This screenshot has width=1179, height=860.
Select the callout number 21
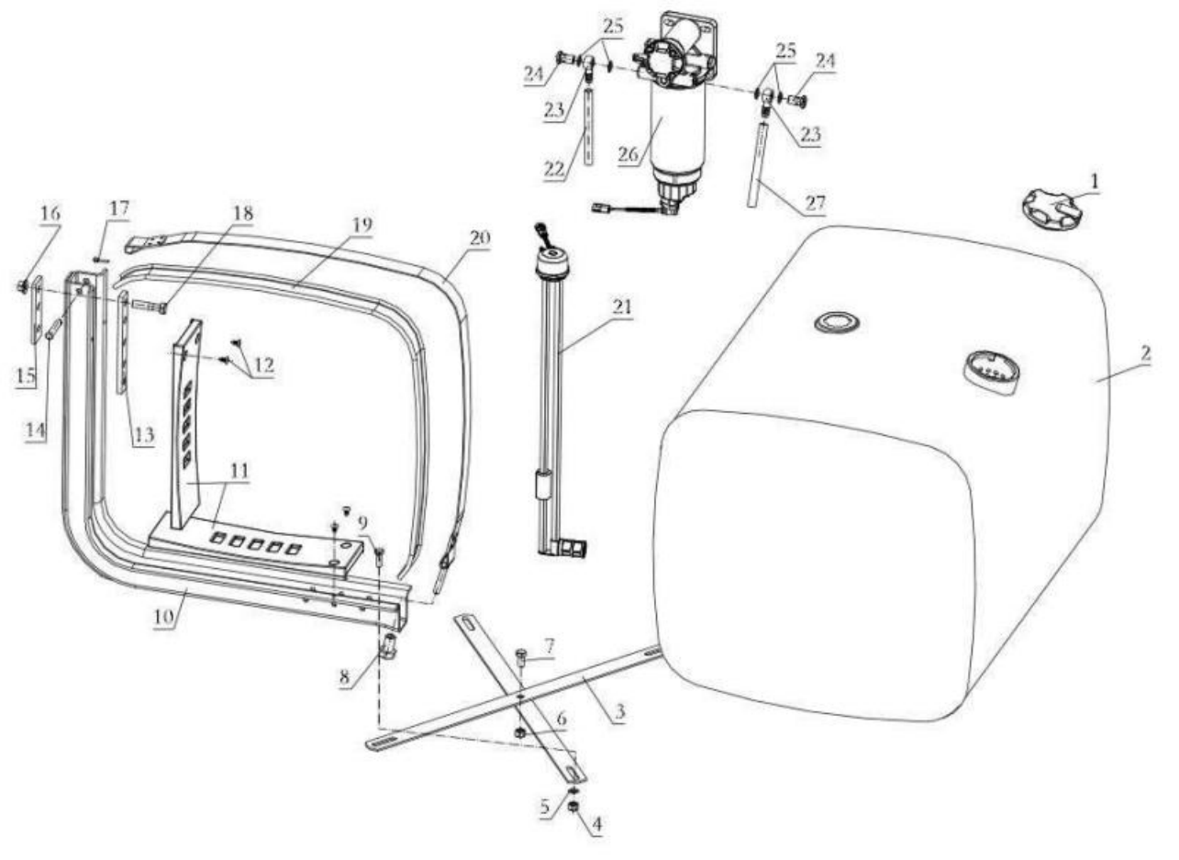click(x=622, y=307)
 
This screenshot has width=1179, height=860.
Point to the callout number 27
click(x=815, y=203)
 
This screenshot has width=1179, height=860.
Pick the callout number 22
click(x=555, y=169)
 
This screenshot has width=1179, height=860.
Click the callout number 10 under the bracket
click(x=163, y=616)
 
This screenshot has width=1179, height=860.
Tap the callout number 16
click(x=50, y=213)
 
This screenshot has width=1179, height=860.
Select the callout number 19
click(x=362, y=225)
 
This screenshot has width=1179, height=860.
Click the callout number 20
click(x=480, y=238)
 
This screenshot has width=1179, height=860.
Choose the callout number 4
click(x=597, y=824)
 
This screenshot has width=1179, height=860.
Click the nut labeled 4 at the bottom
click(x=574, y=806)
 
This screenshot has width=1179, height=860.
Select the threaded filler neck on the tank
click(x=992, y=373)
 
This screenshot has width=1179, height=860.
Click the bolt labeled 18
click(x=150, y=306)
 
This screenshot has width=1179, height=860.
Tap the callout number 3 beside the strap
click(x=619, y=712)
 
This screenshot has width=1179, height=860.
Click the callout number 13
click(x=144, y=434)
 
